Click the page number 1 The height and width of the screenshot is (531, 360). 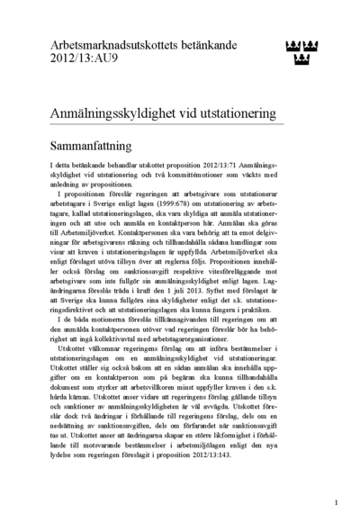(335, 504)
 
